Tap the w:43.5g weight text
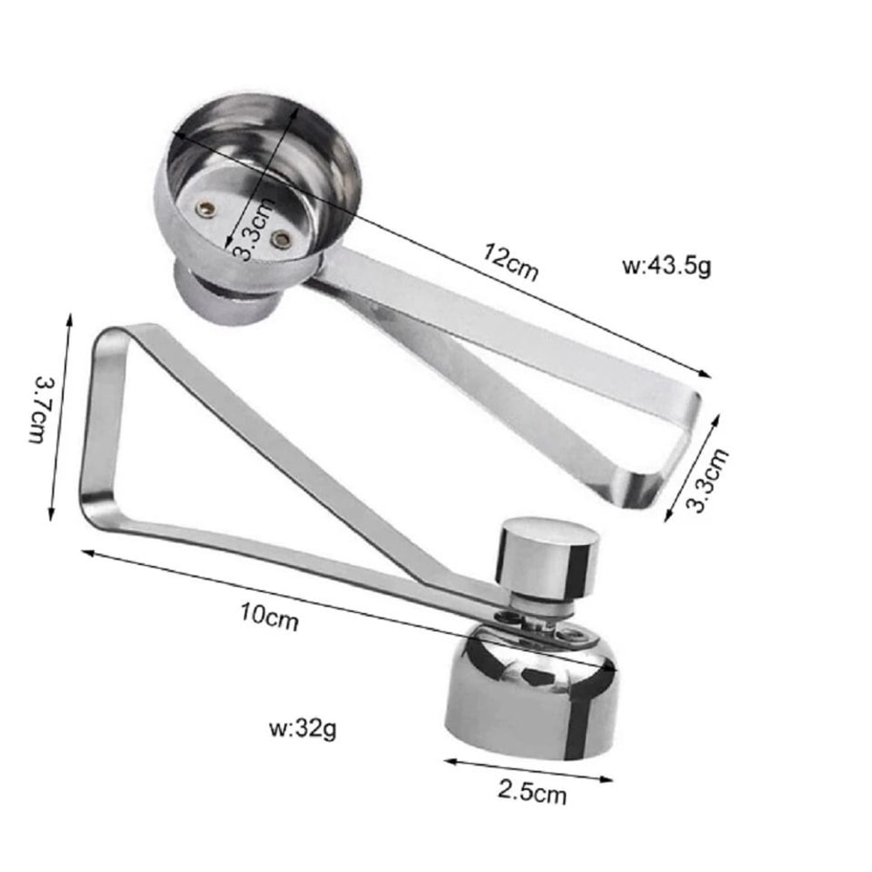click(x=667, y=265)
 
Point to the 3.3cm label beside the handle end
click(x=708, y=480)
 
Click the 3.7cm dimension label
click(x=40, y=408)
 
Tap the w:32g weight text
click(x=303, y=728)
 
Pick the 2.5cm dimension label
click(x=532, y=793)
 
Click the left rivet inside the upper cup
click(x=206, y=208)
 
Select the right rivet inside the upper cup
click(x=280, y=238)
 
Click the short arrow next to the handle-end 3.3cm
click(x=692, y=467)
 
